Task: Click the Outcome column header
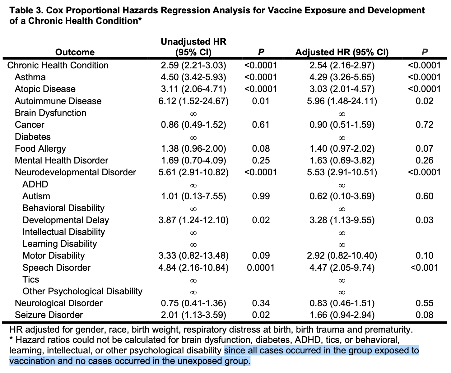[x=75, y=52]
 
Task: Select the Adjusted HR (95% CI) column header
[x=342, y=52]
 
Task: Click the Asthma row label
[x=30, y=77]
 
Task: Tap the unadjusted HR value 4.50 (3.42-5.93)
[x=193, y=77]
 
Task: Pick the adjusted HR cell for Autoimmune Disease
[x=342, y=101]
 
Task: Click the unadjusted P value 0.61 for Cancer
[x=261, y=125]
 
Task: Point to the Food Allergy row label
[x=40, y=149]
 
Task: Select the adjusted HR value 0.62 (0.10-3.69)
[x=342, y=196]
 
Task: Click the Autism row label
[x=36, y=196]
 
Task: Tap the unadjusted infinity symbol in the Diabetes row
[x=193, y=137]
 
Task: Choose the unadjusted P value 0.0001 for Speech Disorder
[x=261, y=268]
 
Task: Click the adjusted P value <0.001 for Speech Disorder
[x=424, y=268]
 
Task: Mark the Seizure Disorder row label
[x=49, y=315]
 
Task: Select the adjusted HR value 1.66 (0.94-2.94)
[x=342, y=315]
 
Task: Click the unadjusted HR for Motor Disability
[x=193, y=256]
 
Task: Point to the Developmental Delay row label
[x=66, y=220]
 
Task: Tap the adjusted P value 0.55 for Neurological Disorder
[x=424, y=303]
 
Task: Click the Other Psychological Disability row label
[x=82, y=291]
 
